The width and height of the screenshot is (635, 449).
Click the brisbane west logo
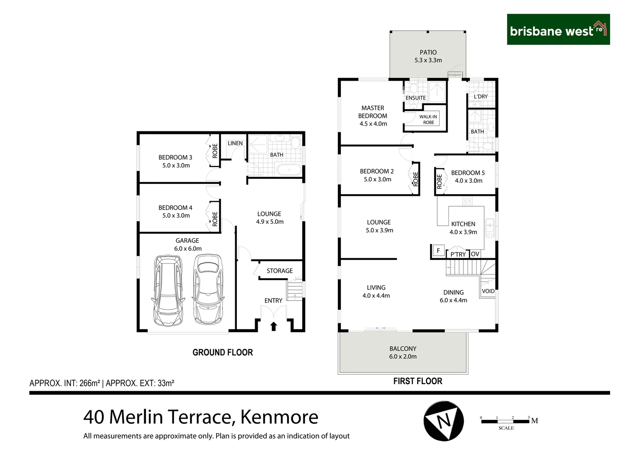click(x=558, y=29)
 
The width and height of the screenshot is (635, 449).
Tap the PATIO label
click(x=428, y=52)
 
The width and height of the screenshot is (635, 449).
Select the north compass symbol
click(x=444, y=421)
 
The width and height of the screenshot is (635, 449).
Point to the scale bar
click(x=505, y=422)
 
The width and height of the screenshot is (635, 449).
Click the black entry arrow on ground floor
click(x=273, y=326)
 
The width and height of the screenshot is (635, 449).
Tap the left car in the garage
click(x=168, y=291)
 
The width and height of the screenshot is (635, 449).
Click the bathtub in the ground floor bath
click(x=289, y=170)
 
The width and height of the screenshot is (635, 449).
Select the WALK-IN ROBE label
click(x=428, y=119)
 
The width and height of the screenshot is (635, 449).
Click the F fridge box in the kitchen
click(x=438, y=251)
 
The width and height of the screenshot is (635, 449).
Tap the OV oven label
click(x=475, y=254)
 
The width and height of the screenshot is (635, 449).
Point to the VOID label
click(x=488, y=291)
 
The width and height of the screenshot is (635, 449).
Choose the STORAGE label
click(x=280, y=271)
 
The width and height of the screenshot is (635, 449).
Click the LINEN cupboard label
click(x=235, y=143)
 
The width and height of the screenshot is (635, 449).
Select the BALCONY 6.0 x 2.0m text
click(x=403, y=353)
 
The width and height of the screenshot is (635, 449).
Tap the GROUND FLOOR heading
click(x=222, y=352)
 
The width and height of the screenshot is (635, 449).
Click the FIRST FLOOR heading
click(x=418, y=381)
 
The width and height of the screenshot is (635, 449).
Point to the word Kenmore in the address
click(x=279, y=417)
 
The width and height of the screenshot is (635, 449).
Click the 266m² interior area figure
click(x=90, y=383)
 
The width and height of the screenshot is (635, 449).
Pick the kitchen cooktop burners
click(x=467, y=201)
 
